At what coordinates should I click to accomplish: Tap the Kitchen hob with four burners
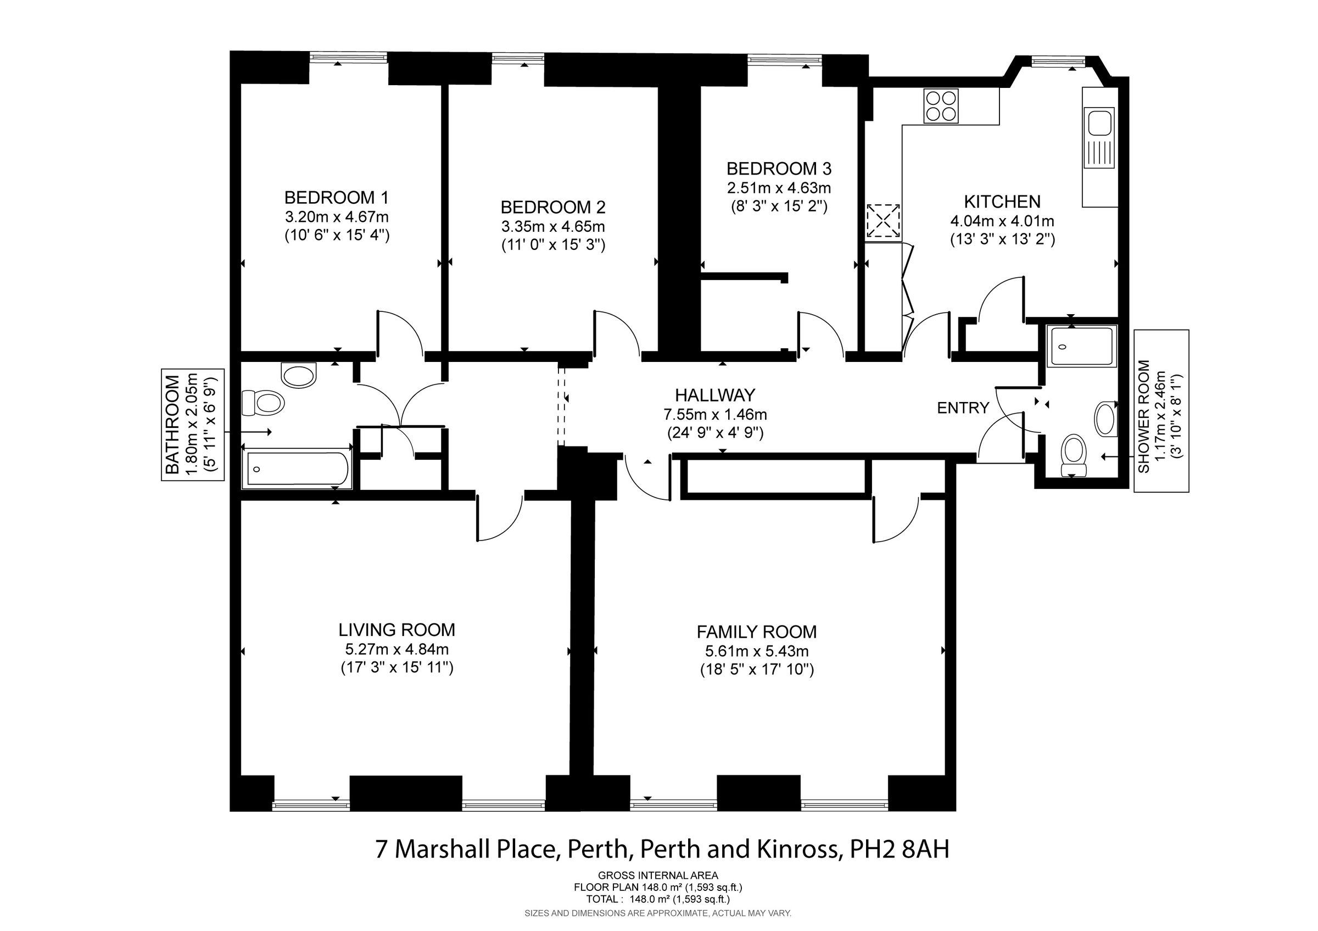(x=941, y=106)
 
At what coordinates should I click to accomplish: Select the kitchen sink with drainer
(x=1099, y=138)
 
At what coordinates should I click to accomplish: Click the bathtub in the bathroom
(x=297, y=469)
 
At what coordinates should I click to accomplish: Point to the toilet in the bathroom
(x=263, y=402)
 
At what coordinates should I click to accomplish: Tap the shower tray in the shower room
(x=1081, y=347)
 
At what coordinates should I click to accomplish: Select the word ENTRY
(x=963, y=408)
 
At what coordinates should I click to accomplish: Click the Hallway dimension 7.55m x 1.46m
(x=714, y=414)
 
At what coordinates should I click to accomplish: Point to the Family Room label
(x=756, y=632)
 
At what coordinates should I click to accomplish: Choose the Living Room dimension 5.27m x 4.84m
(x=396, y=649)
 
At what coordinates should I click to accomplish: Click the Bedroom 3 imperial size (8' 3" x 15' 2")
(x=778, y=207)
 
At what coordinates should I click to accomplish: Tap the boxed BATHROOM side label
(x=192, y=424)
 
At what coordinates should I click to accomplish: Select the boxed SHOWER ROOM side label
(x=1161, y=411)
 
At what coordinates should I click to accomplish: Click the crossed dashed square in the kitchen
(x=883, y=221)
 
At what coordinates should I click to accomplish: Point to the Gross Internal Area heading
(x=658, y=876)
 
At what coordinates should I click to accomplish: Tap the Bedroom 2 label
(x=553, y=207)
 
